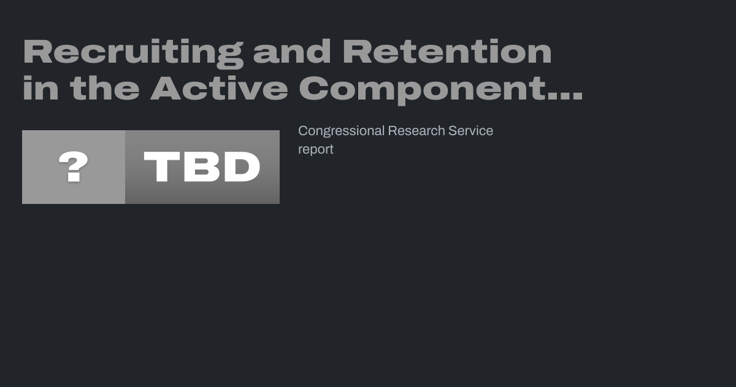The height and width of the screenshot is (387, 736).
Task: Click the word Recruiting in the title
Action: (x=134, y=53)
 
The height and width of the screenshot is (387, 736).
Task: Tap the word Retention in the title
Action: (x=447, y=52)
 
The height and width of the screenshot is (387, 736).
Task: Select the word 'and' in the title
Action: (x=292, y=52)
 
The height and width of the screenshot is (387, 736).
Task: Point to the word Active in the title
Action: (x=219, y=88)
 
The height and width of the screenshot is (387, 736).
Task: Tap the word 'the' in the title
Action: (x=105, y=88)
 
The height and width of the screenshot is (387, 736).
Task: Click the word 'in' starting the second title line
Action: (x=40, y=88)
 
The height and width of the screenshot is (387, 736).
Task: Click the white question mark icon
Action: (x=73, y=166)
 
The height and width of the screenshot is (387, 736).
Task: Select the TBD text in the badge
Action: (x=202, y=167)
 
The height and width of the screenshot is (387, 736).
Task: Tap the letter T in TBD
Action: (x=162, y=167)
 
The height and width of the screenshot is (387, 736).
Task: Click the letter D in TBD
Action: (x=242, y=167)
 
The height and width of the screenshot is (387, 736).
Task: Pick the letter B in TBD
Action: (x=201, y=167)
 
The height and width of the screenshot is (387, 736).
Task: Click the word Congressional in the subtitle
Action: (x=341, y=131)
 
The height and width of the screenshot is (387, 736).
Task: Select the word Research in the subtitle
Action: (x=416, y=131)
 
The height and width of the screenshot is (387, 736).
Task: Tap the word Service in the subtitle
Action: (x=470, y=131)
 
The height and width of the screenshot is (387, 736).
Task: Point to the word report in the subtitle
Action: (x=316, y=150)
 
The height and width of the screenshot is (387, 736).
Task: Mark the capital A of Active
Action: (x=166, y=88)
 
